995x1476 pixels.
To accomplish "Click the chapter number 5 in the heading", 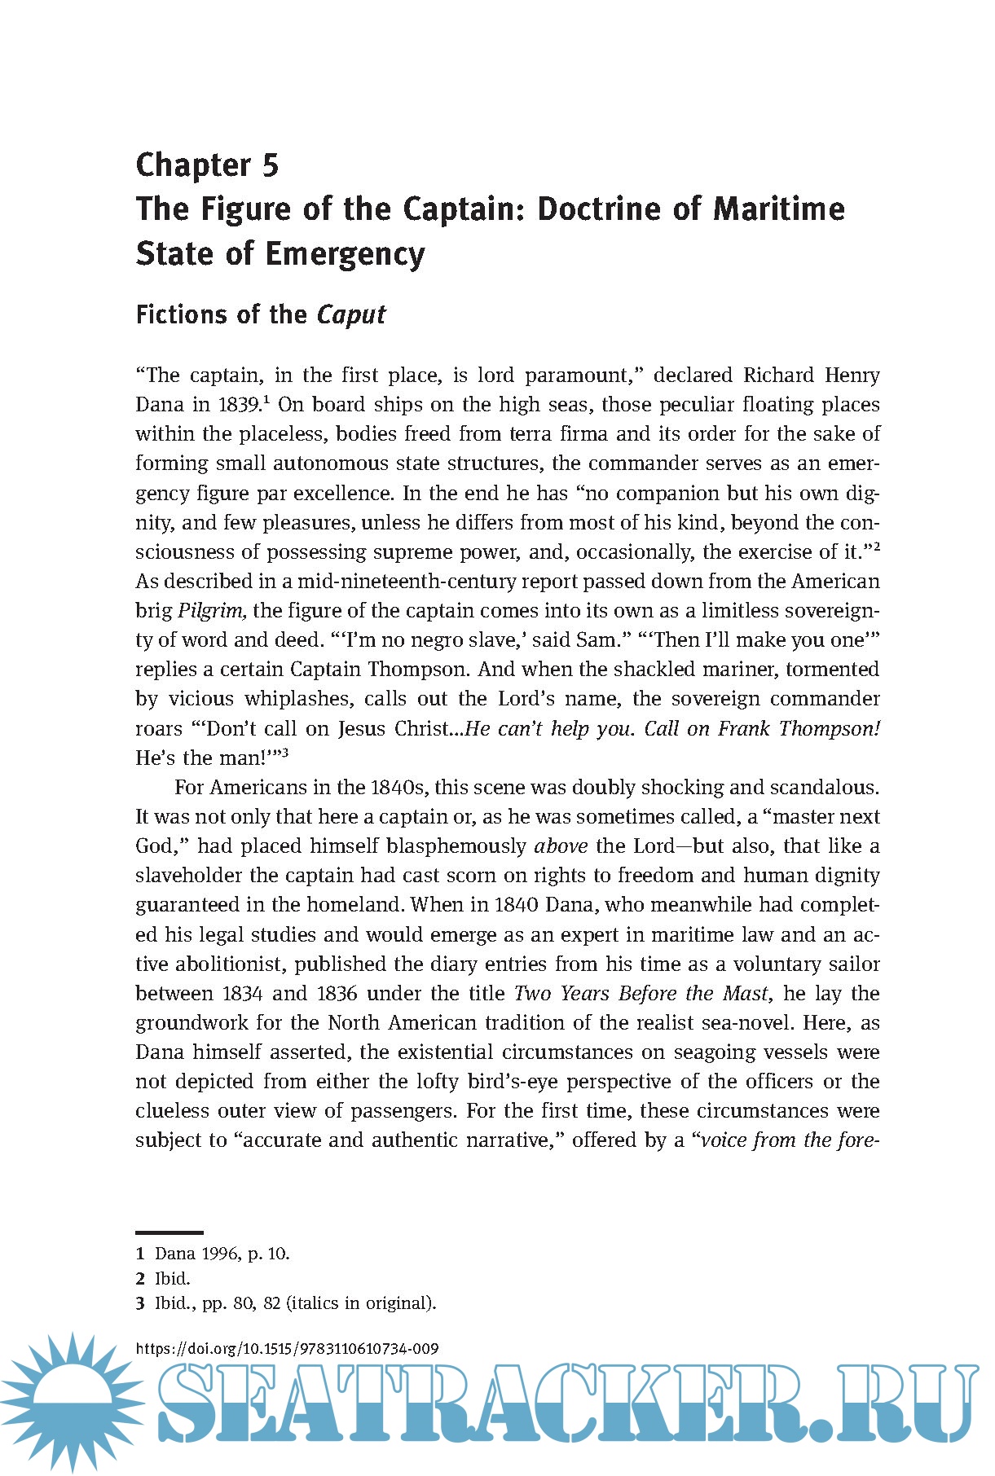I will click(270, 165).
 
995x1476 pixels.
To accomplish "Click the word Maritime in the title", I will click(779, 209).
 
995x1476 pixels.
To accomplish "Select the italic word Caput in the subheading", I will click(351, 315).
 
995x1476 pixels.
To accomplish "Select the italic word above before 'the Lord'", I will click(561, 846).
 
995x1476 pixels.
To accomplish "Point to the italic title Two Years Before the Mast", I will click(641, 994).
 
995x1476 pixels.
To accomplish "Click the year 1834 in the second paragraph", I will click(242, 994).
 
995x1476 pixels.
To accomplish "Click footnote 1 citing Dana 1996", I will click(213, 1254).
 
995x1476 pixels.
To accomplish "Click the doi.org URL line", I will click(288, 1348).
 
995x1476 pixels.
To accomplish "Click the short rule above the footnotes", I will click(170, 1233).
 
